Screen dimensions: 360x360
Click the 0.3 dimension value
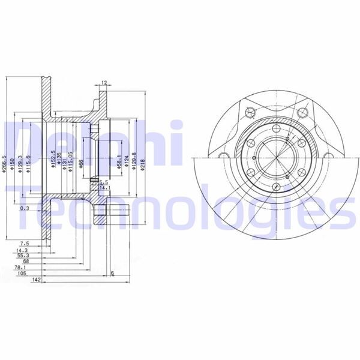(24, 208)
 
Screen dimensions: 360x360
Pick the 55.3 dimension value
(23, 255)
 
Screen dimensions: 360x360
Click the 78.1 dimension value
(23, 268)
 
